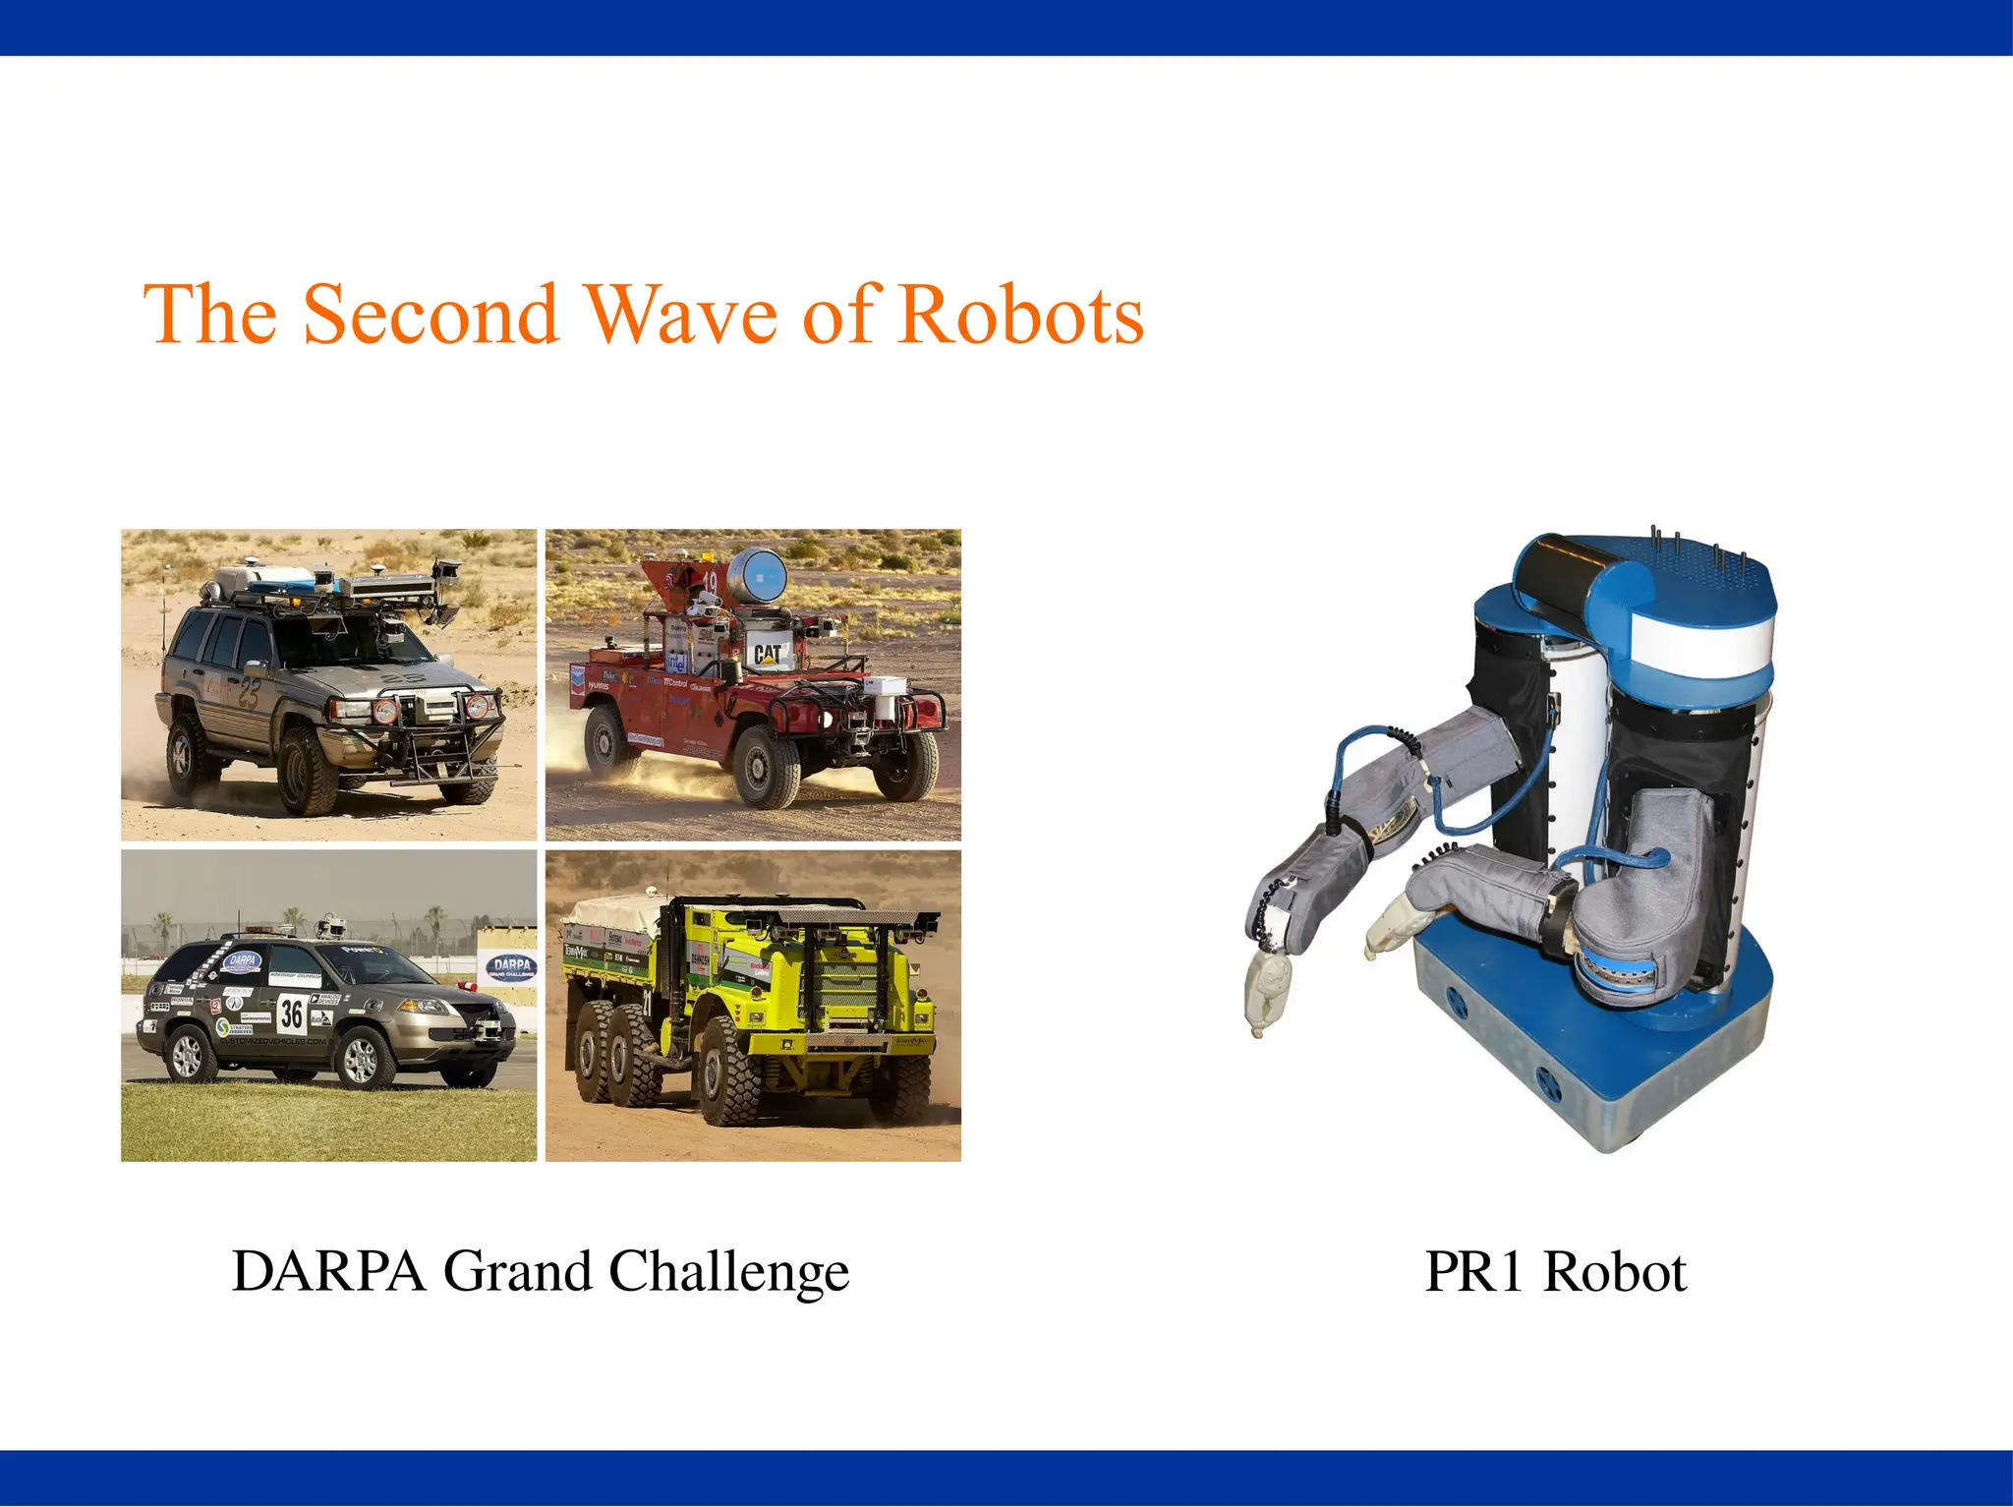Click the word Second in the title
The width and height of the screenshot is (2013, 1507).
(431, 315)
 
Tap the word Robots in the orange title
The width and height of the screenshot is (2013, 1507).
(1021, 315)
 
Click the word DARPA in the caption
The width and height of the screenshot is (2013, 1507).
(328, 1271)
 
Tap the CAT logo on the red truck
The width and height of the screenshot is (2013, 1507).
(767, 653)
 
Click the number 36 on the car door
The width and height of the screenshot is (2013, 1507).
(292, 1012)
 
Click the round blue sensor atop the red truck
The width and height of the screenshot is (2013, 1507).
(757, 574)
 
